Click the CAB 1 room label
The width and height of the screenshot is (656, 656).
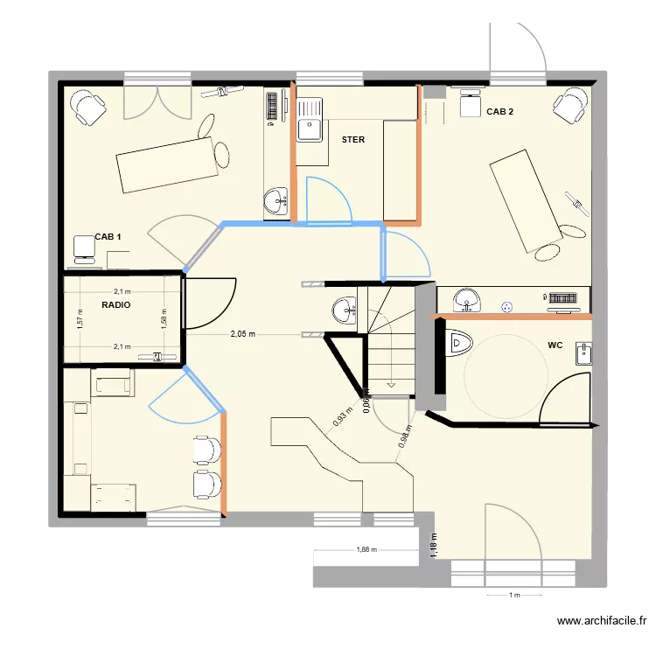click(108, 237)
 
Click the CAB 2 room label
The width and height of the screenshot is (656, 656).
click(499, 112)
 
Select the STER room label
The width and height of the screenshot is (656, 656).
click(353, 140)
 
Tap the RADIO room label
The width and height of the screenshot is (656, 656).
click(116, 305)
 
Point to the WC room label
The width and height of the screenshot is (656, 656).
click(555, 345)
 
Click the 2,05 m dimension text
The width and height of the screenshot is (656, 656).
click(243, 334)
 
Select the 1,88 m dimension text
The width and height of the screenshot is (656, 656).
click(369, 550)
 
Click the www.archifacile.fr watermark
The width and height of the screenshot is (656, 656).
click(604, 622)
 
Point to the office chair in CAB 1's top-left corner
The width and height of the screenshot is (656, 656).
click(87, 106)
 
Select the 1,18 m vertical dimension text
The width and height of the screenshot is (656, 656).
click(433, 544)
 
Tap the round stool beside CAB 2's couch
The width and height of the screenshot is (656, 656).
click(548, 251)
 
